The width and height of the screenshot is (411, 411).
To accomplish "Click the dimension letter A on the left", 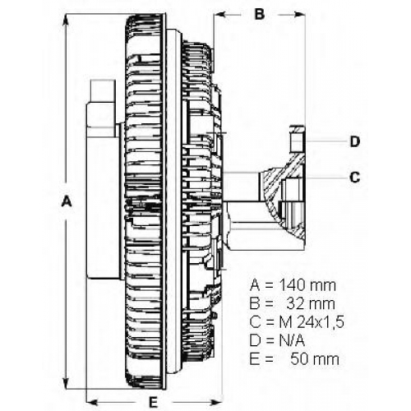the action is click(x=66, y=201).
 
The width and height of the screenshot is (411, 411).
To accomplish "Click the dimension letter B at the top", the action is click(x=260, y=14).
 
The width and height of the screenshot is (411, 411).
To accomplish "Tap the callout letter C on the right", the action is click(x=355, y=178).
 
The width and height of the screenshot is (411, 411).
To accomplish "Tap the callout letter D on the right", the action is click(x=355, y=141).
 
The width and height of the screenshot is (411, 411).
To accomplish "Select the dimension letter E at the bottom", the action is click(x=153, y=402).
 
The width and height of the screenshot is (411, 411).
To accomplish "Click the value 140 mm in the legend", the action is click(x=307, y=285).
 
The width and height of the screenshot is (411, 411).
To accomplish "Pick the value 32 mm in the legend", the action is click(x=311, y=304).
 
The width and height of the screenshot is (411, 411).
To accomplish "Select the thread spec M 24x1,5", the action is click(x=312, y=322).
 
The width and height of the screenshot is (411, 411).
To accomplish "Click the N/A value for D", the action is click(x=292, y=341).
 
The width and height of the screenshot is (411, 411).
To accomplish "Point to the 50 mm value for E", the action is click(x=315, y=359).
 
